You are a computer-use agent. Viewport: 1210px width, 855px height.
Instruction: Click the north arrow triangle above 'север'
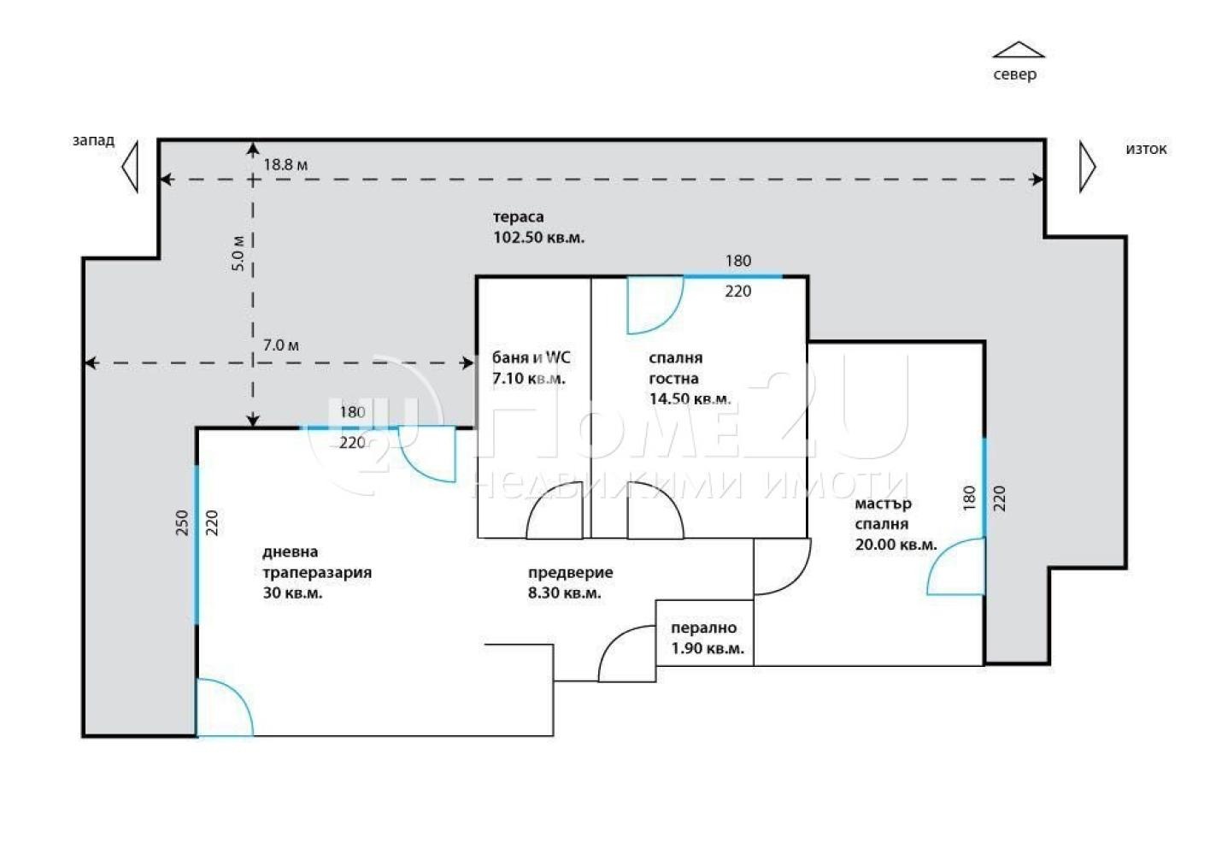point(1019,50)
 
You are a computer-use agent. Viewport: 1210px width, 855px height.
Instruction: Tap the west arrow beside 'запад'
point(130,167)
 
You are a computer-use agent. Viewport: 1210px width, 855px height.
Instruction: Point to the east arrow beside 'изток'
point(1088,167)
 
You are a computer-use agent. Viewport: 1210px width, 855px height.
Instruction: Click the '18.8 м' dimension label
point(285,165)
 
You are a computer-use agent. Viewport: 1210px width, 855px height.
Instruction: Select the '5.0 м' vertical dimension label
point(239,253)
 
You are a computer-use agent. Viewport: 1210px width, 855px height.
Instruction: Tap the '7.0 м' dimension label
point(281,345)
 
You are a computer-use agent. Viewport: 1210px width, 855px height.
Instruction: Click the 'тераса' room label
point(519,217)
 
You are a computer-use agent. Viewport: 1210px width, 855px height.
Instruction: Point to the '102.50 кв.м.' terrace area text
point(539,238)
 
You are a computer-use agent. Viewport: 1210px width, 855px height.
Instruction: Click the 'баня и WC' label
point(531,357)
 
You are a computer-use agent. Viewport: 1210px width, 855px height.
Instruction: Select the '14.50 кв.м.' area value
point(690,398)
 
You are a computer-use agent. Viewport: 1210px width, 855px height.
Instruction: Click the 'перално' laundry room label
point(704,628)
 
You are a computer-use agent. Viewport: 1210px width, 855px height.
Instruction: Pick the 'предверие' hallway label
point(571,573)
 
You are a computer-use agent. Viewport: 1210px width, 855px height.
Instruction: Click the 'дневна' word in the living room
point(290,552)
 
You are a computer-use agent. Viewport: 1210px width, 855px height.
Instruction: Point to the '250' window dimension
point(183,522)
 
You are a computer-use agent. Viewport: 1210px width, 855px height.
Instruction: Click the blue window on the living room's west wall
point(196,545)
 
